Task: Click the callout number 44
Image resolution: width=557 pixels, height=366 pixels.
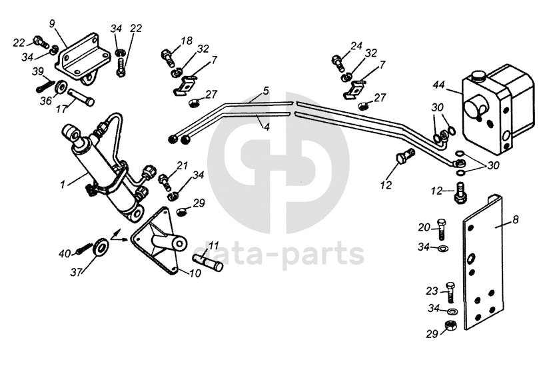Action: point(438,86)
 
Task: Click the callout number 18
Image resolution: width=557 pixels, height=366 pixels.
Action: point(186,41)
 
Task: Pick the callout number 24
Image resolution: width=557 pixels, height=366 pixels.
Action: point(356,46)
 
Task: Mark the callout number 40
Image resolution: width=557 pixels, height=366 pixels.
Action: point(63,253)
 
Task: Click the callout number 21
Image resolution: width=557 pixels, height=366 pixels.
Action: point(182,165)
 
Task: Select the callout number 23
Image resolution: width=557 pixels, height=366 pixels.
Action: point(431,291)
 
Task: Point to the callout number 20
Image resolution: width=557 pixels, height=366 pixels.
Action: point(424,227)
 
